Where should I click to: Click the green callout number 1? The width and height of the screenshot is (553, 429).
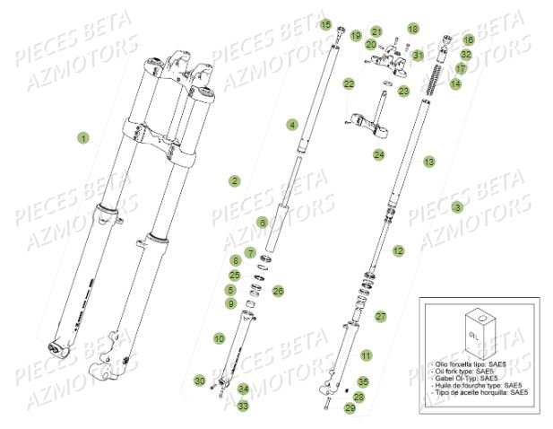[83, 138]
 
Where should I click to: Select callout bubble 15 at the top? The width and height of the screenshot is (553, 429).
[325, 24]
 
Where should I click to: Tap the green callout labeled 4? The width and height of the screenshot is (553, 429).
[292, 123]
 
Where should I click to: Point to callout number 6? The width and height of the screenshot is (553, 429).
[262, 222]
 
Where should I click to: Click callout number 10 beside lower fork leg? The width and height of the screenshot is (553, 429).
[219, 338]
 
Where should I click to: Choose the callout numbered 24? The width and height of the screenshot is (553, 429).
[379, 155]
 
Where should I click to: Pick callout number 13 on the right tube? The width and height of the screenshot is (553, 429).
[429, 162]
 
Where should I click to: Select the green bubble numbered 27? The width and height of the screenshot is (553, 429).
[380, 316]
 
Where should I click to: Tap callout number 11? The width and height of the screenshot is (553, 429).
[366, 355]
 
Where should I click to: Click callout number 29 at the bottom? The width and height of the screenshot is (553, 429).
[350, 408]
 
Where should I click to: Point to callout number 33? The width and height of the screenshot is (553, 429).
[243, 406]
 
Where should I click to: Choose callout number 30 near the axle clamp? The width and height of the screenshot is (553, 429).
[200, 381]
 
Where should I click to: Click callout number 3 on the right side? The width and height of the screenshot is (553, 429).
[458, 207]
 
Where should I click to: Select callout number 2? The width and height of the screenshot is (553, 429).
[234, 180]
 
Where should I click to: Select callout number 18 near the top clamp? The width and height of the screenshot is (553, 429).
[412, 29]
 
